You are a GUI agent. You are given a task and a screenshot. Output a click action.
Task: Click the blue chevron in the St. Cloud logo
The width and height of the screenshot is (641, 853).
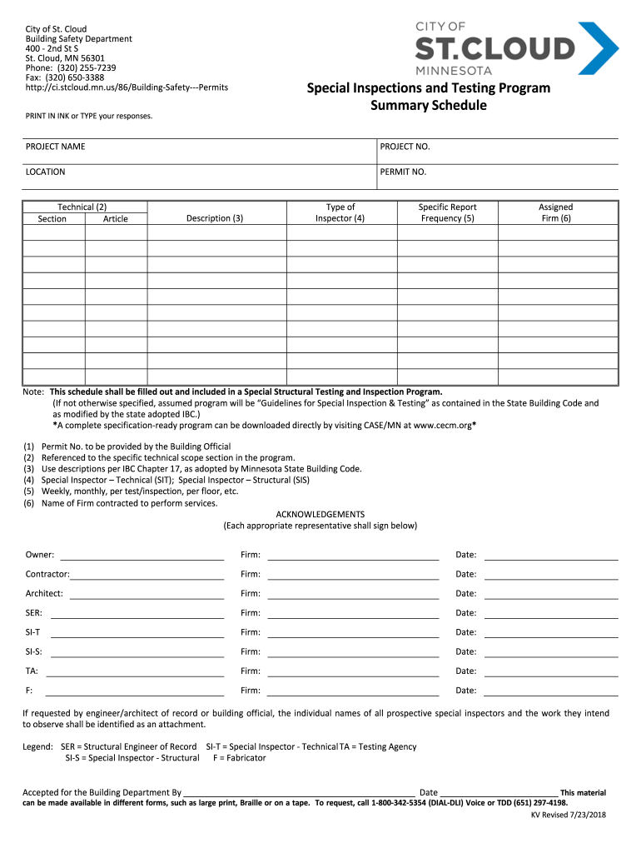(x=600, y=47)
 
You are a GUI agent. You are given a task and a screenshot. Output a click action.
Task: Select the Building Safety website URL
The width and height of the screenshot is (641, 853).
(x=127, y=87)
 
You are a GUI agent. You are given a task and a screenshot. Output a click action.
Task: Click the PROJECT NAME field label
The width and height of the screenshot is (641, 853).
(x=55, y=147)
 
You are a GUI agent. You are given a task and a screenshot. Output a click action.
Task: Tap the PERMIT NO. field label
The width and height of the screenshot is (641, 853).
(x=403, y=172)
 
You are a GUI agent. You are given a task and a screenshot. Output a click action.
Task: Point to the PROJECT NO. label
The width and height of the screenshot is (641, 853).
(x=405, y=147)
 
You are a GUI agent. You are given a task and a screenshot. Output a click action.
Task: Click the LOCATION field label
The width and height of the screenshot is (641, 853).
(x=45, y=172)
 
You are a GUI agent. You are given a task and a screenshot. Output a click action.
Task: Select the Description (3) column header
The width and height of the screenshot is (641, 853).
(x=215, y=218)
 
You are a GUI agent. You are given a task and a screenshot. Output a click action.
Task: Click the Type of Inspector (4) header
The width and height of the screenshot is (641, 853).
(x=340, y=212)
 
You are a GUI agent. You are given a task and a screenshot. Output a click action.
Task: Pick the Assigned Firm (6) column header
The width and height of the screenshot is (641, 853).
(x=555, y=212)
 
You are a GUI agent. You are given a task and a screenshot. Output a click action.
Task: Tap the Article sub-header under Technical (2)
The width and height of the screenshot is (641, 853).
(x=116, y=219)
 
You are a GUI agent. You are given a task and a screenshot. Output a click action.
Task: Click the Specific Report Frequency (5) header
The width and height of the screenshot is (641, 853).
(x=447, y=212)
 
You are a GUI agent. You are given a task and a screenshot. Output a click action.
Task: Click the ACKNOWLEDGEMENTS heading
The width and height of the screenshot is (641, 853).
(x=320, y=514)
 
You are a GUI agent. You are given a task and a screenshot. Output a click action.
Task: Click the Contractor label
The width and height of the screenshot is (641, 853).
(x=47, y=574)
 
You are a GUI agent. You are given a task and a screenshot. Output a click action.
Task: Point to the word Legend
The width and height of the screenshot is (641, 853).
(x=37, y=746)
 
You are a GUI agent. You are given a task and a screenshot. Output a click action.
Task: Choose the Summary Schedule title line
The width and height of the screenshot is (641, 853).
(x=428, y=106)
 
